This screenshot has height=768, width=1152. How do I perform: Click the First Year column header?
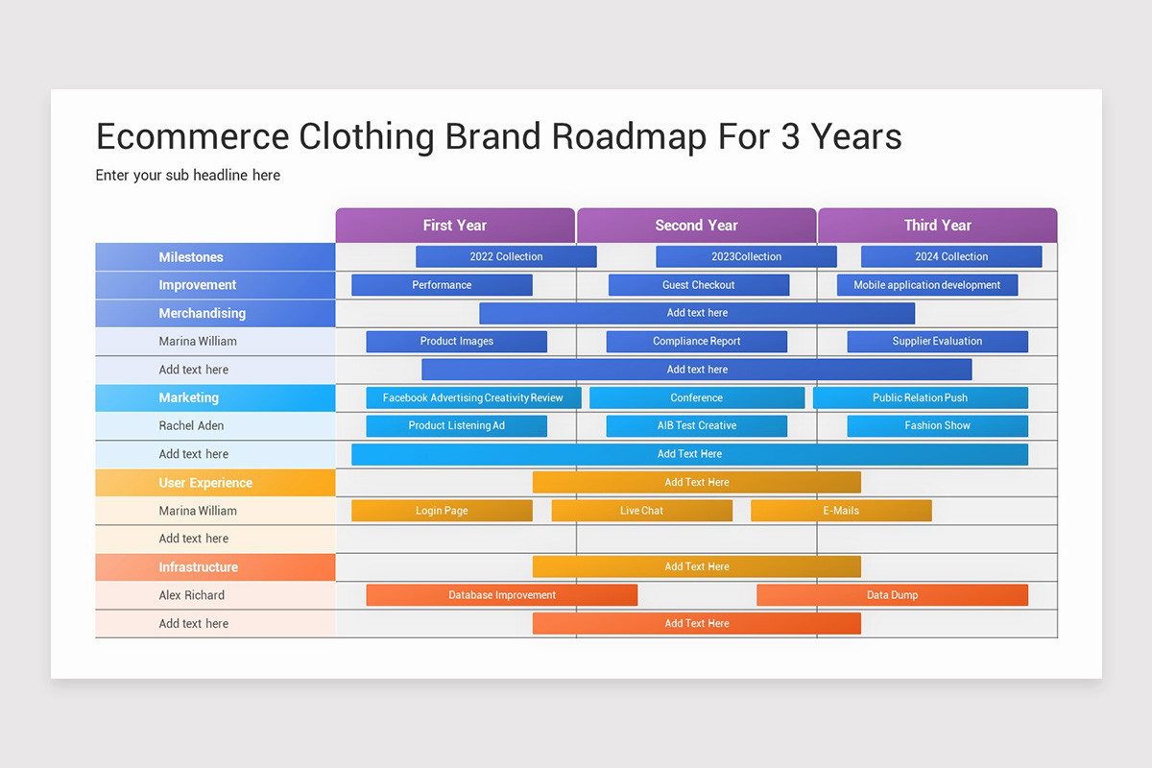pyautogui.click(x=455, y=226)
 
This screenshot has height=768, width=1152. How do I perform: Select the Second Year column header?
pyautogui.click(x=696, y=226)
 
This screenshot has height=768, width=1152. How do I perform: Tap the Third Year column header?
pyautogui.click(x=937, y=226)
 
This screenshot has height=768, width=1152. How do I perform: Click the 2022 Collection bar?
pyautogui.click(x=506, y=256)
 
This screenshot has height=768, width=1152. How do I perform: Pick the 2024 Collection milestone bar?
pyautogui.click(x=950, y=256)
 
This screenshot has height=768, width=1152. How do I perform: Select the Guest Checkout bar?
pyautogui.click(x=698, y=285)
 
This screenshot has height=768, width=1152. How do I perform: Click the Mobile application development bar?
pyautogui.click(x=926, y=285)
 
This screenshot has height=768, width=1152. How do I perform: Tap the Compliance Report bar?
pyautogui.click(x=696, y=341)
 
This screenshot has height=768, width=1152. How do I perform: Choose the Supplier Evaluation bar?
pyautogui.click(x=937, y=341)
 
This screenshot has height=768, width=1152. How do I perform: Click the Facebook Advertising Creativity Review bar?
pyautogui.click(x=473, y=397)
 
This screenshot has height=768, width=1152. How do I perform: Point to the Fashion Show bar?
pyautogui.click(x=937, y=425)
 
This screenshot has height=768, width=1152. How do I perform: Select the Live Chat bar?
pyautogui.click(x=641, y=511)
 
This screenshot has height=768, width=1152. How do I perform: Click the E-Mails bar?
pyautogui.click(x=841, y=511)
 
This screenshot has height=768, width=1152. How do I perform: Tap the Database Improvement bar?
pyautogui.click(x=501, y=595)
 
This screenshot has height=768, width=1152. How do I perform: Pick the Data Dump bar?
pyautogui.click(x=892, y=595)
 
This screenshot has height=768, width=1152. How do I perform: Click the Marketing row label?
pyautogui.click(x=189, y=397)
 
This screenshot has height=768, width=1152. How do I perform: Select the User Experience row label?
pyautogui.click(x=205, y=483)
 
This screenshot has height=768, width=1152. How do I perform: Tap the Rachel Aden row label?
pyautogui.click(x=191, y=425)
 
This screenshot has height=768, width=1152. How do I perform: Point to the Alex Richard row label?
pyautogui.click(x=191, y=595)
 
